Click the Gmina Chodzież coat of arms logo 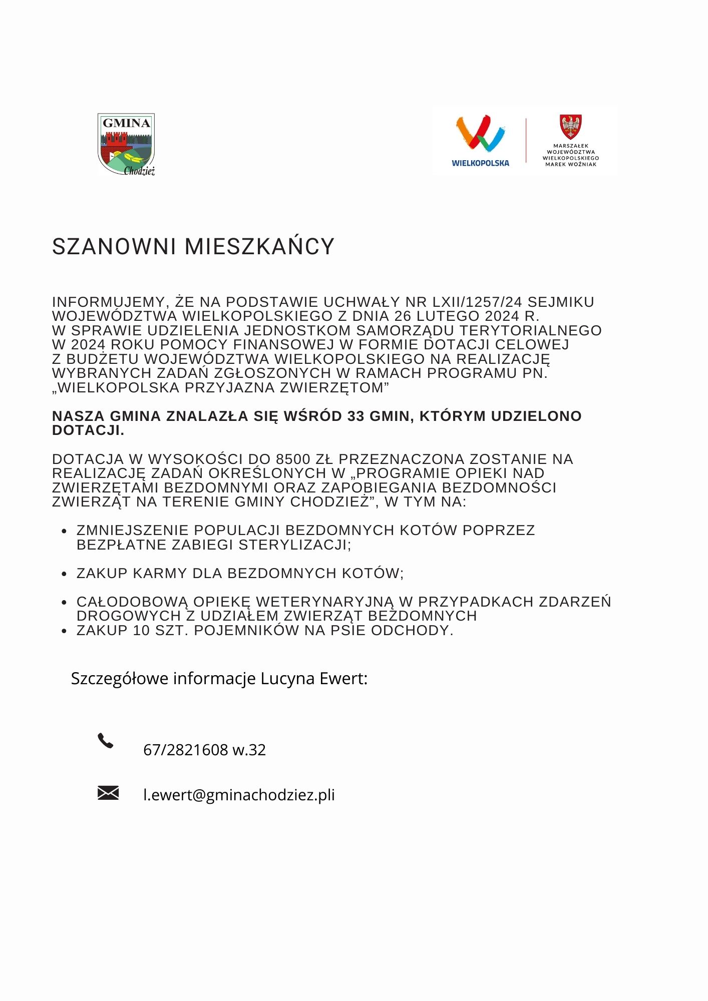(x=126, y=144)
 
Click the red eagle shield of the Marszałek (x=570, y=127)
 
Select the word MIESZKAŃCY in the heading (x=259, y=247)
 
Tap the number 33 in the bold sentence (x=356, y=416)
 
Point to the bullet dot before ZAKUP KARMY (x=64, y=575)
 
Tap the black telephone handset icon (x=105, y=741)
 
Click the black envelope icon (x=108, y=793)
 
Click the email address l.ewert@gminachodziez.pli (x=239, y=795)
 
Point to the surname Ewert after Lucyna (x=343, y=679)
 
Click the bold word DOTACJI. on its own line (x=88, y=430)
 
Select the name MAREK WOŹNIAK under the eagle (x=571, y=164)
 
